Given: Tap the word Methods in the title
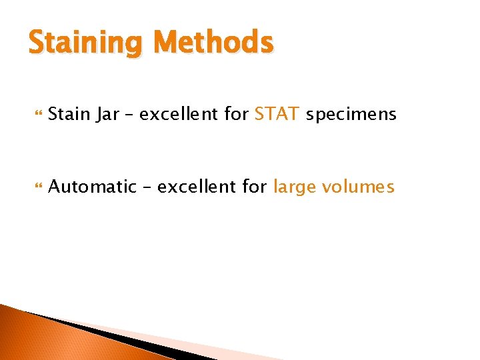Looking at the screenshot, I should [213, 43].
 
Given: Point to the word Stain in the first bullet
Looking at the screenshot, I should [70, 115].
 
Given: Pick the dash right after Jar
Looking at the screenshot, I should [130, 115].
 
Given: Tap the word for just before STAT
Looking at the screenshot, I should [236, 115].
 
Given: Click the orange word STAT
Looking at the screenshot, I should [277, 115].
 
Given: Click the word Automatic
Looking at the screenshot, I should [92, 187].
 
